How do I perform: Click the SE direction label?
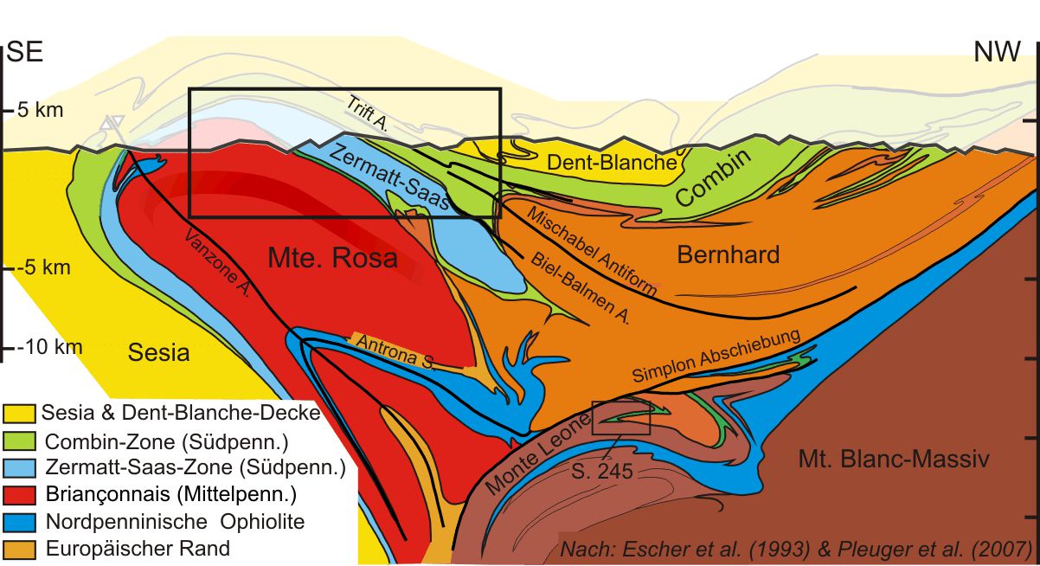(x=25, y=53)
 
